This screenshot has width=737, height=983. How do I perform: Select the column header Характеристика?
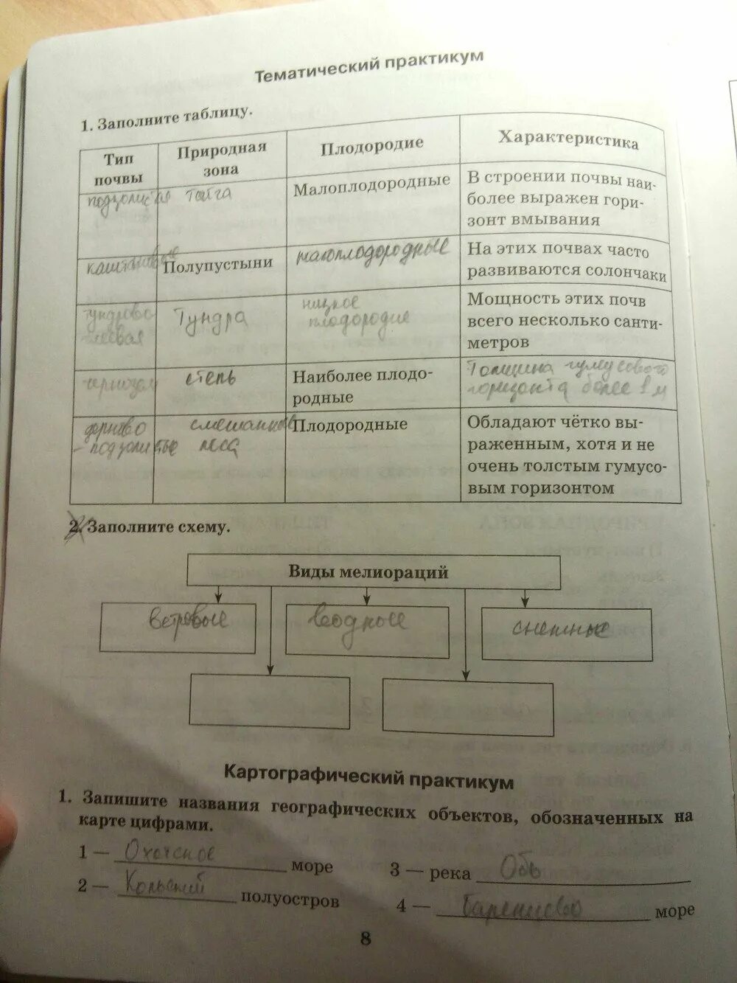(567, 141)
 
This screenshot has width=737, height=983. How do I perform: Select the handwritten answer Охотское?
(170, 853)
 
